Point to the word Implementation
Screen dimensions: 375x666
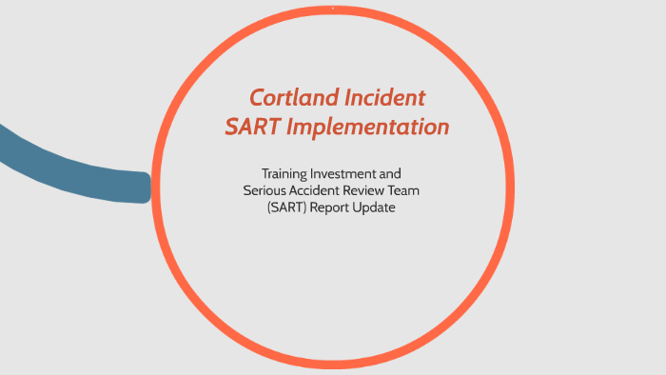(x=374, y=127)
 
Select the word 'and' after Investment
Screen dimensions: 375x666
(x=403, y=173)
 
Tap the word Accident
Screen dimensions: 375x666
(x=321, y=190)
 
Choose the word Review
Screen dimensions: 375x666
(x=376, y=190)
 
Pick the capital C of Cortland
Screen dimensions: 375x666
(x=257, y=97)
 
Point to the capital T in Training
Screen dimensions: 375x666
(x=265, y=173)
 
